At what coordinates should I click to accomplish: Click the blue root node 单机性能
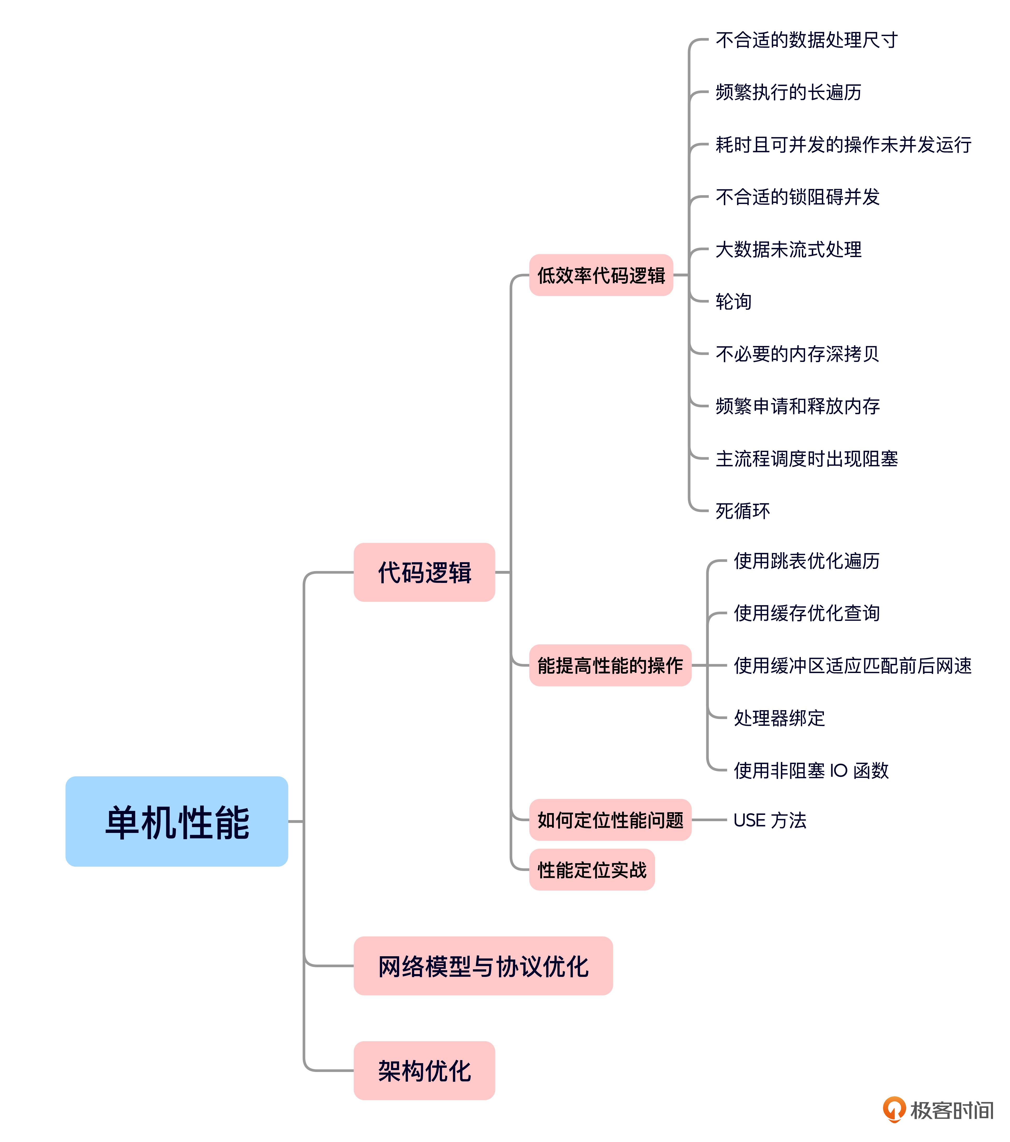[x=177, y=821]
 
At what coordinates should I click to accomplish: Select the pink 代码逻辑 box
[x=424, y=572]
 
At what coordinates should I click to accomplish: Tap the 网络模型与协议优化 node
[x=483, y=966]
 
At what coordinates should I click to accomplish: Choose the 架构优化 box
[x=424, y=1070]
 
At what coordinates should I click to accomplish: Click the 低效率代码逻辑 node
[x=601, y=275]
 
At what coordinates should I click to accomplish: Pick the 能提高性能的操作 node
[x=610, y=665]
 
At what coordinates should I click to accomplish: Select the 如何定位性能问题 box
[x=610, y=820]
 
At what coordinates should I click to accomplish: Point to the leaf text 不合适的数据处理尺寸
[x=806, y=40]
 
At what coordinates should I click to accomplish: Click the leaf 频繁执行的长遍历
[x=788, y=92]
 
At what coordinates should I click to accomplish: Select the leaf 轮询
[x=733, y=302]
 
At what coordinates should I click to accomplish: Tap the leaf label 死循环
[x=742, y=511]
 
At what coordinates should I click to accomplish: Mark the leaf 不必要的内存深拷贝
[x=797, y=354]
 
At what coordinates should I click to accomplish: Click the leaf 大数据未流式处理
[x=788, y=249]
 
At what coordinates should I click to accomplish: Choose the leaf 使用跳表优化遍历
[x=807, y=560]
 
